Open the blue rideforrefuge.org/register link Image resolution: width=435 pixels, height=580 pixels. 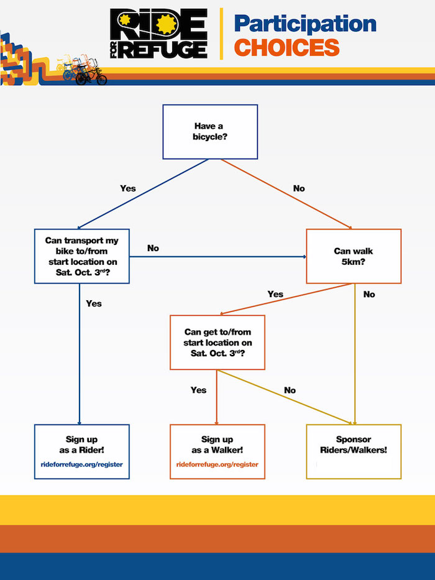point(82,464)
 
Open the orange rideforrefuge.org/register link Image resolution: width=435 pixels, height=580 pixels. point(217,464)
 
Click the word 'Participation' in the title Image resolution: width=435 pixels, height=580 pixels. point(305,24)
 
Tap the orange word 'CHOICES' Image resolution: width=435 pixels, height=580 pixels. point(286,48)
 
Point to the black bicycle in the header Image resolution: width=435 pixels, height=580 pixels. point(91,75)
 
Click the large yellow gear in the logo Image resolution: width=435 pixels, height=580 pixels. point(167,24)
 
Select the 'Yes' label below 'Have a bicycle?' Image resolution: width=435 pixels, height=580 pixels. point(128,188)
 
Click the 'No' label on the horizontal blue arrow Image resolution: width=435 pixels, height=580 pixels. point(153,248)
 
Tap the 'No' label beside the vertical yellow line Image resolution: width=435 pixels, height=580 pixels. point(369,295)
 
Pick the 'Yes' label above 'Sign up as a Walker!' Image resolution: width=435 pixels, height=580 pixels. point(199,390)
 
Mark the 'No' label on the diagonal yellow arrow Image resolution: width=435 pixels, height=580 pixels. point(290,390)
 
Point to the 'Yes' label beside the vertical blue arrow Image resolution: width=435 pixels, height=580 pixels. point(94,304)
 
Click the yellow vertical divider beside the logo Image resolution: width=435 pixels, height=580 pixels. point(221,34)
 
